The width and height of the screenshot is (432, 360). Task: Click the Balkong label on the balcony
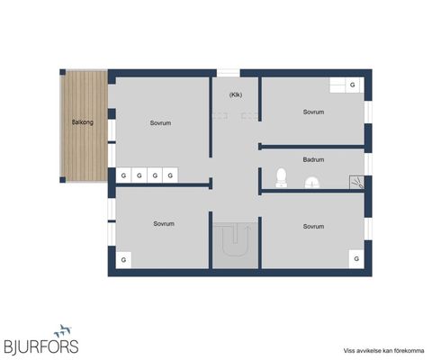[x=83, y=122]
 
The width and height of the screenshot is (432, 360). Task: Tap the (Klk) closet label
[x=236, y=94]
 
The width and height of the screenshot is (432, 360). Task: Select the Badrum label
[x=313, y=159]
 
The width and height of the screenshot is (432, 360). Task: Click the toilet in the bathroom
[x=281, y=177]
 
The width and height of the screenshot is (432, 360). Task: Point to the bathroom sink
[x=312, y=183]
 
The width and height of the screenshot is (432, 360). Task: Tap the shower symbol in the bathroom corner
[x=357, y=183]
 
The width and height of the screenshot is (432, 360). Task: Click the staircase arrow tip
[x=248, y=227]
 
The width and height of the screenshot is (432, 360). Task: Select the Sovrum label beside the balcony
[x=160, y=123]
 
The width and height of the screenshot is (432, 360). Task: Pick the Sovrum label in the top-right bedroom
[x=313, y=112]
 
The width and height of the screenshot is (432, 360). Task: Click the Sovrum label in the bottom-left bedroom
[x=164, y=224]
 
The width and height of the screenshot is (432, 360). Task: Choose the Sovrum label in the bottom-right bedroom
[x=313, y=227]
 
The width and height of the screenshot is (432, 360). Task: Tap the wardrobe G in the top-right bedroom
[x=353, y=85]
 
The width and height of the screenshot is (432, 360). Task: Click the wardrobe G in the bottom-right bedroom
[x=356, y=258]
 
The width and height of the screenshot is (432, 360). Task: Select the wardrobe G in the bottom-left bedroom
[x=123, y=260]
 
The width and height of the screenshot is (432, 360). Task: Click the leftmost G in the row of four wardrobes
[x=123, y=175]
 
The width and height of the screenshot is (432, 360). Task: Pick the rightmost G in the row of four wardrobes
[x=170, y=175]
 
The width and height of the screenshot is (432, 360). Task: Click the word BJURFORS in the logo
[x=41, y=346]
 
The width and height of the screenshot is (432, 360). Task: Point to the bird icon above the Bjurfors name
[x=63, y=331]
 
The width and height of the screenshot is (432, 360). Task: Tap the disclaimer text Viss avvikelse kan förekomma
[x=383, y=351]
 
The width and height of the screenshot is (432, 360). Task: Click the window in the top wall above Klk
[x=229, y=73]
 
